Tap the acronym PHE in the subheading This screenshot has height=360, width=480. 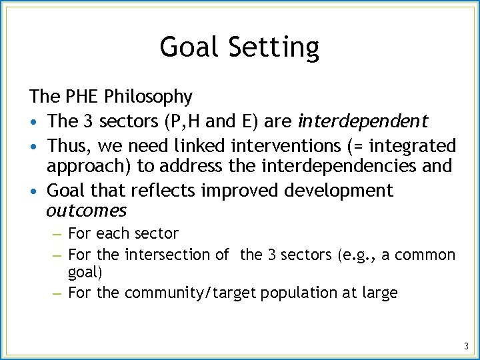click(x=81, y=97)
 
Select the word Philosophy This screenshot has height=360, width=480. click(x=148, y=97)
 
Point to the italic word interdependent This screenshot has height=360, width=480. click(x=363, y=121)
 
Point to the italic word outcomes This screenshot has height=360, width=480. click(x=86, y=211)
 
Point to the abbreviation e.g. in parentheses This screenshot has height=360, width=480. click(x=357, y=255)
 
